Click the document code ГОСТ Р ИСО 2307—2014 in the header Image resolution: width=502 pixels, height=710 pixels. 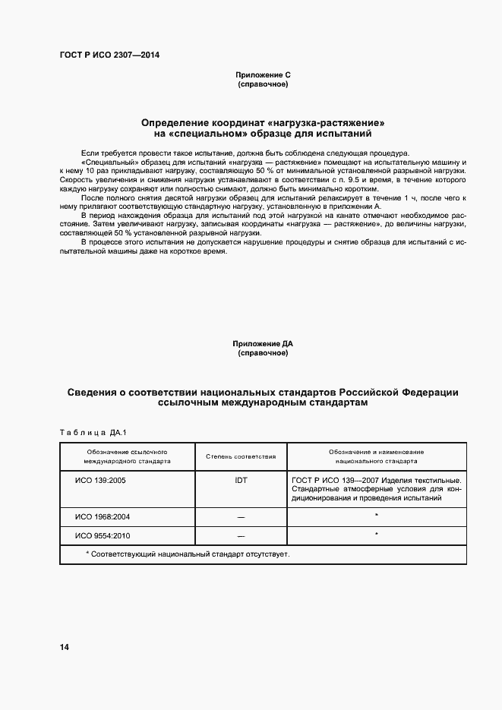109,55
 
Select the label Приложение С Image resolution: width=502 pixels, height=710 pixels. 262,75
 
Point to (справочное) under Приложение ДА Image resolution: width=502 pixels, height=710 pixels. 262,353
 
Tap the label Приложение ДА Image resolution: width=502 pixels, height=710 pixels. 262,344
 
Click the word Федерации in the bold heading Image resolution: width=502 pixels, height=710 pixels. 430,392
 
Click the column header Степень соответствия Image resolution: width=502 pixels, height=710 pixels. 241,456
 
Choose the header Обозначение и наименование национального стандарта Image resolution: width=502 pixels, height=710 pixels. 376,456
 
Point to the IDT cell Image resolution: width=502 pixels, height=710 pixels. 241,481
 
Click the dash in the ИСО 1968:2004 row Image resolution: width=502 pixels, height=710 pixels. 241,517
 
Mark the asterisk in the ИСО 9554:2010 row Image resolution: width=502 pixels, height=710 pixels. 376,535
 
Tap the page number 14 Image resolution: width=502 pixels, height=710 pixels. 65,647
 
